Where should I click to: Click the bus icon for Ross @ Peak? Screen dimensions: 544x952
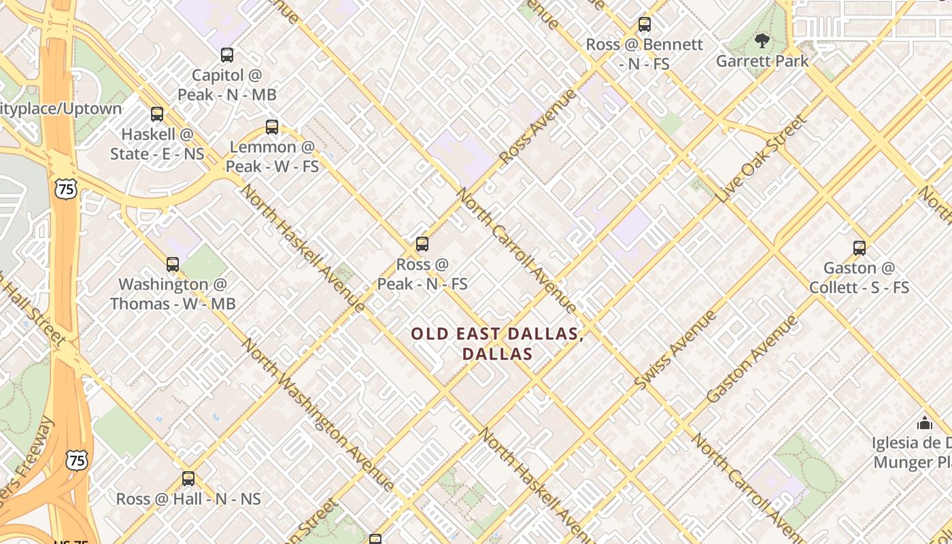pyautogui.click(x=422, y=244)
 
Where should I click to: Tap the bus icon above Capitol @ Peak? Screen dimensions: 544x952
pyautogui.click(x=227, y=55)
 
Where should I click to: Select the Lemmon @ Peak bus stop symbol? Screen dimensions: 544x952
pyautogui.click(x=272, y=126)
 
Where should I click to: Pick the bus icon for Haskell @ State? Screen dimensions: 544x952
pyautogui.click(x=157, y=114)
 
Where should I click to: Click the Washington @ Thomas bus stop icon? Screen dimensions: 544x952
pyautogui.click(x=173, y=265)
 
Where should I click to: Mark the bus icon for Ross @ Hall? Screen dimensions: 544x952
pyautogui.click(x=188, y=479)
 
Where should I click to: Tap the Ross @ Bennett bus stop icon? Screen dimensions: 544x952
pyautogui.click(x=644, y=25)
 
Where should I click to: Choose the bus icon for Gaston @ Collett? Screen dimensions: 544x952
pyautogui.click(x=860, y=248)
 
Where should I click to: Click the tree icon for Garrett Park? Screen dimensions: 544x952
pyautogui.click(x=762, y=41)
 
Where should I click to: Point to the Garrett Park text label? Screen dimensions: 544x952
pyautogui.click(x=762, y=61)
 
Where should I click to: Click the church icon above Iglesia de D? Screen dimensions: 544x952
pyautogui.click(x=924, y=423)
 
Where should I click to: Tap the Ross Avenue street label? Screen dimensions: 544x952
pyautogui.click(x=537, y=126)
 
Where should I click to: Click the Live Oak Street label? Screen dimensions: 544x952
pyautogui.click(x=761, y=158)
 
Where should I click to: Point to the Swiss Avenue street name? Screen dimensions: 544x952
pyautogui.click(x=675, y=350)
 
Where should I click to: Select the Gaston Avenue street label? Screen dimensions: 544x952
pyautogui.click(x=751, y=359)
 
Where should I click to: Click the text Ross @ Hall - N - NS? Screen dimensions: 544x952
pyautogui.click(x=188, y=499)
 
